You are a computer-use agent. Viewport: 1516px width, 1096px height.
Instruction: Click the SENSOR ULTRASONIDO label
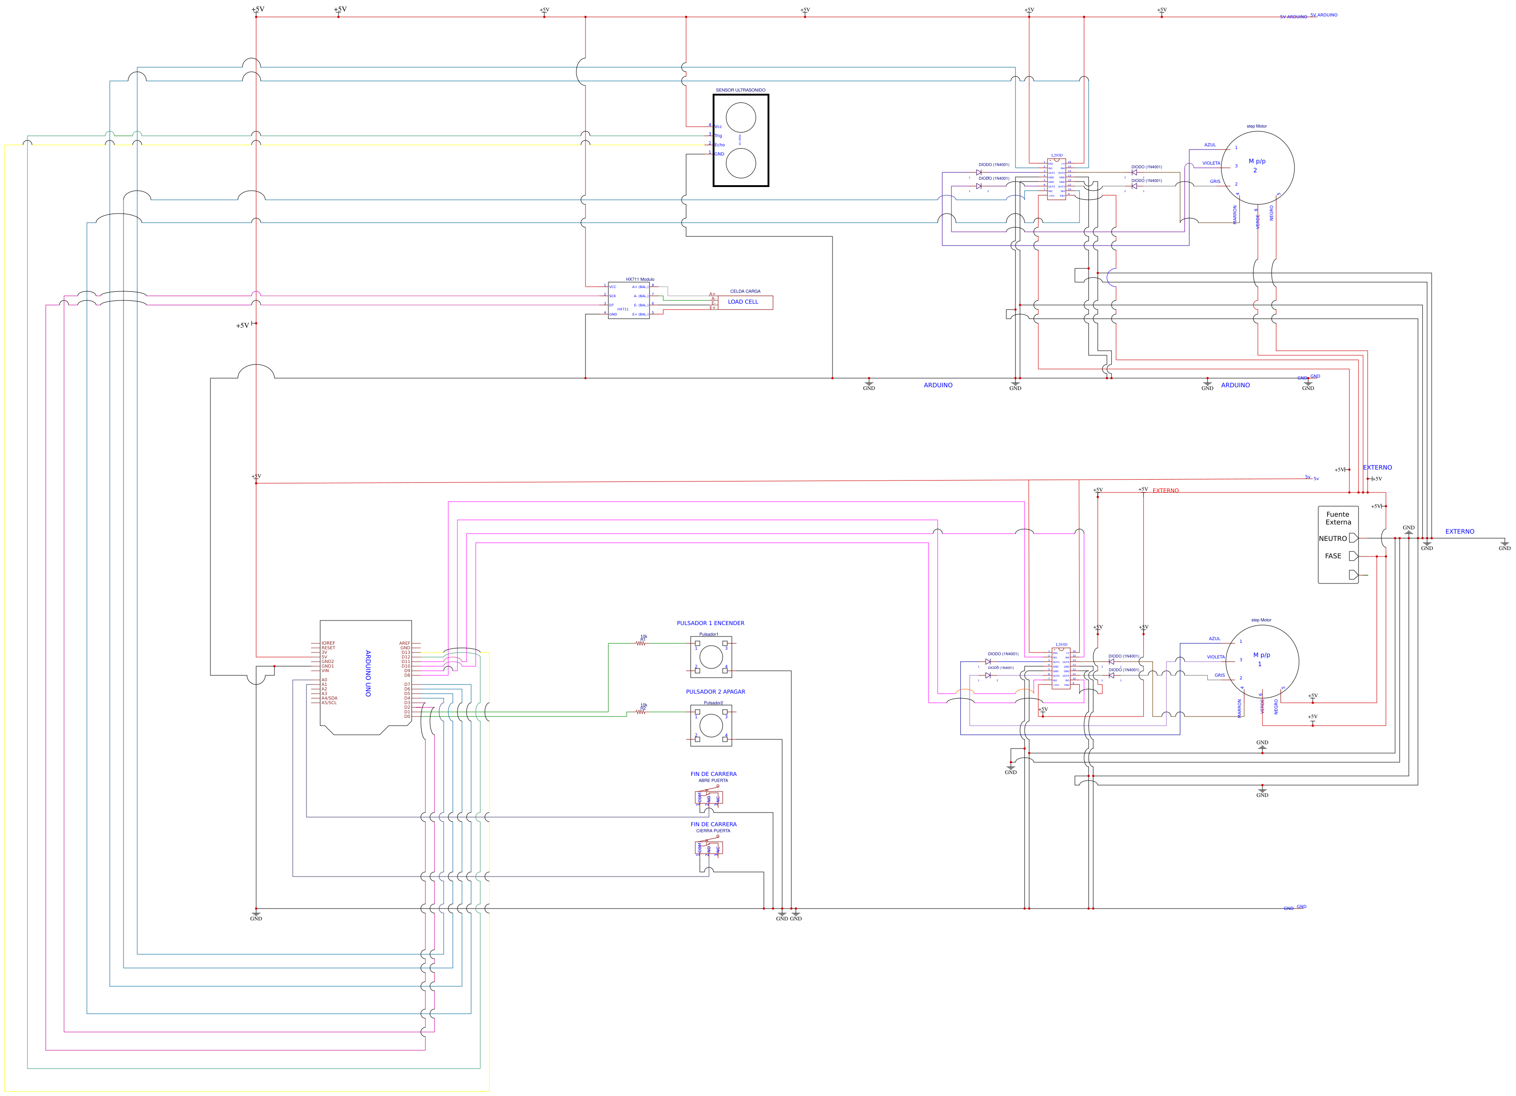pos(740,90)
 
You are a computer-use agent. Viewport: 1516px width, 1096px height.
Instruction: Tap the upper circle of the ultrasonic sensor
pos(741,118)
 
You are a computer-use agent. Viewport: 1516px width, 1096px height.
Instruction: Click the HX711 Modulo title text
pos(640,279)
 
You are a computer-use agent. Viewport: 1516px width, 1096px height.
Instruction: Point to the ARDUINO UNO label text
pos(368,674)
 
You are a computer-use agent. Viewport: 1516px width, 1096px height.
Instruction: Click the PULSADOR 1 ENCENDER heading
pos(710,623)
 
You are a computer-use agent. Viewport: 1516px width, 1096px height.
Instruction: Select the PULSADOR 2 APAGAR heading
pos(715,692)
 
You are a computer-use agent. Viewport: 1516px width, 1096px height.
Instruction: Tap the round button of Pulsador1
pos(710,657)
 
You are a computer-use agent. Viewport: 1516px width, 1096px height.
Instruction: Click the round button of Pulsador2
pos(710,725)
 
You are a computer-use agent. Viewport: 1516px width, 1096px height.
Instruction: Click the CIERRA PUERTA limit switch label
pos(713,831)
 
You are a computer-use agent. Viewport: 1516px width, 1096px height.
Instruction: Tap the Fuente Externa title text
pos(1338,519)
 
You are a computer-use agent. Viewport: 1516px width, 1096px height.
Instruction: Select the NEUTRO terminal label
pos(1332,539)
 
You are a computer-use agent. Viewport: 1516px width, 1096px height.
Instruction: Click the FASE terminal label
pos(1332,556)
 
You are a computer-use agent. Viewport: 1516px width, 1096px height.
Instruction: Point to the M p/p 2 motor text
pos(1257,165)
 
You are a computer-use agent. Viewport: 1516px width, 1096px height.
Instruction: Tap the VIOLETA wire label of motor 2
pos(1210,163)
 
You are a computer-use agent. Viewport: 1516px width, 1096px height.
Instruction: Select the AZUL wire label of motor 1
pos(1214,639)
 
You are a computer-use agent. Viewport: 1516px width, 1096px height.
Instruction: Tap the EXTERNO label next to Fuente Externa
pos(1459,532)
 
